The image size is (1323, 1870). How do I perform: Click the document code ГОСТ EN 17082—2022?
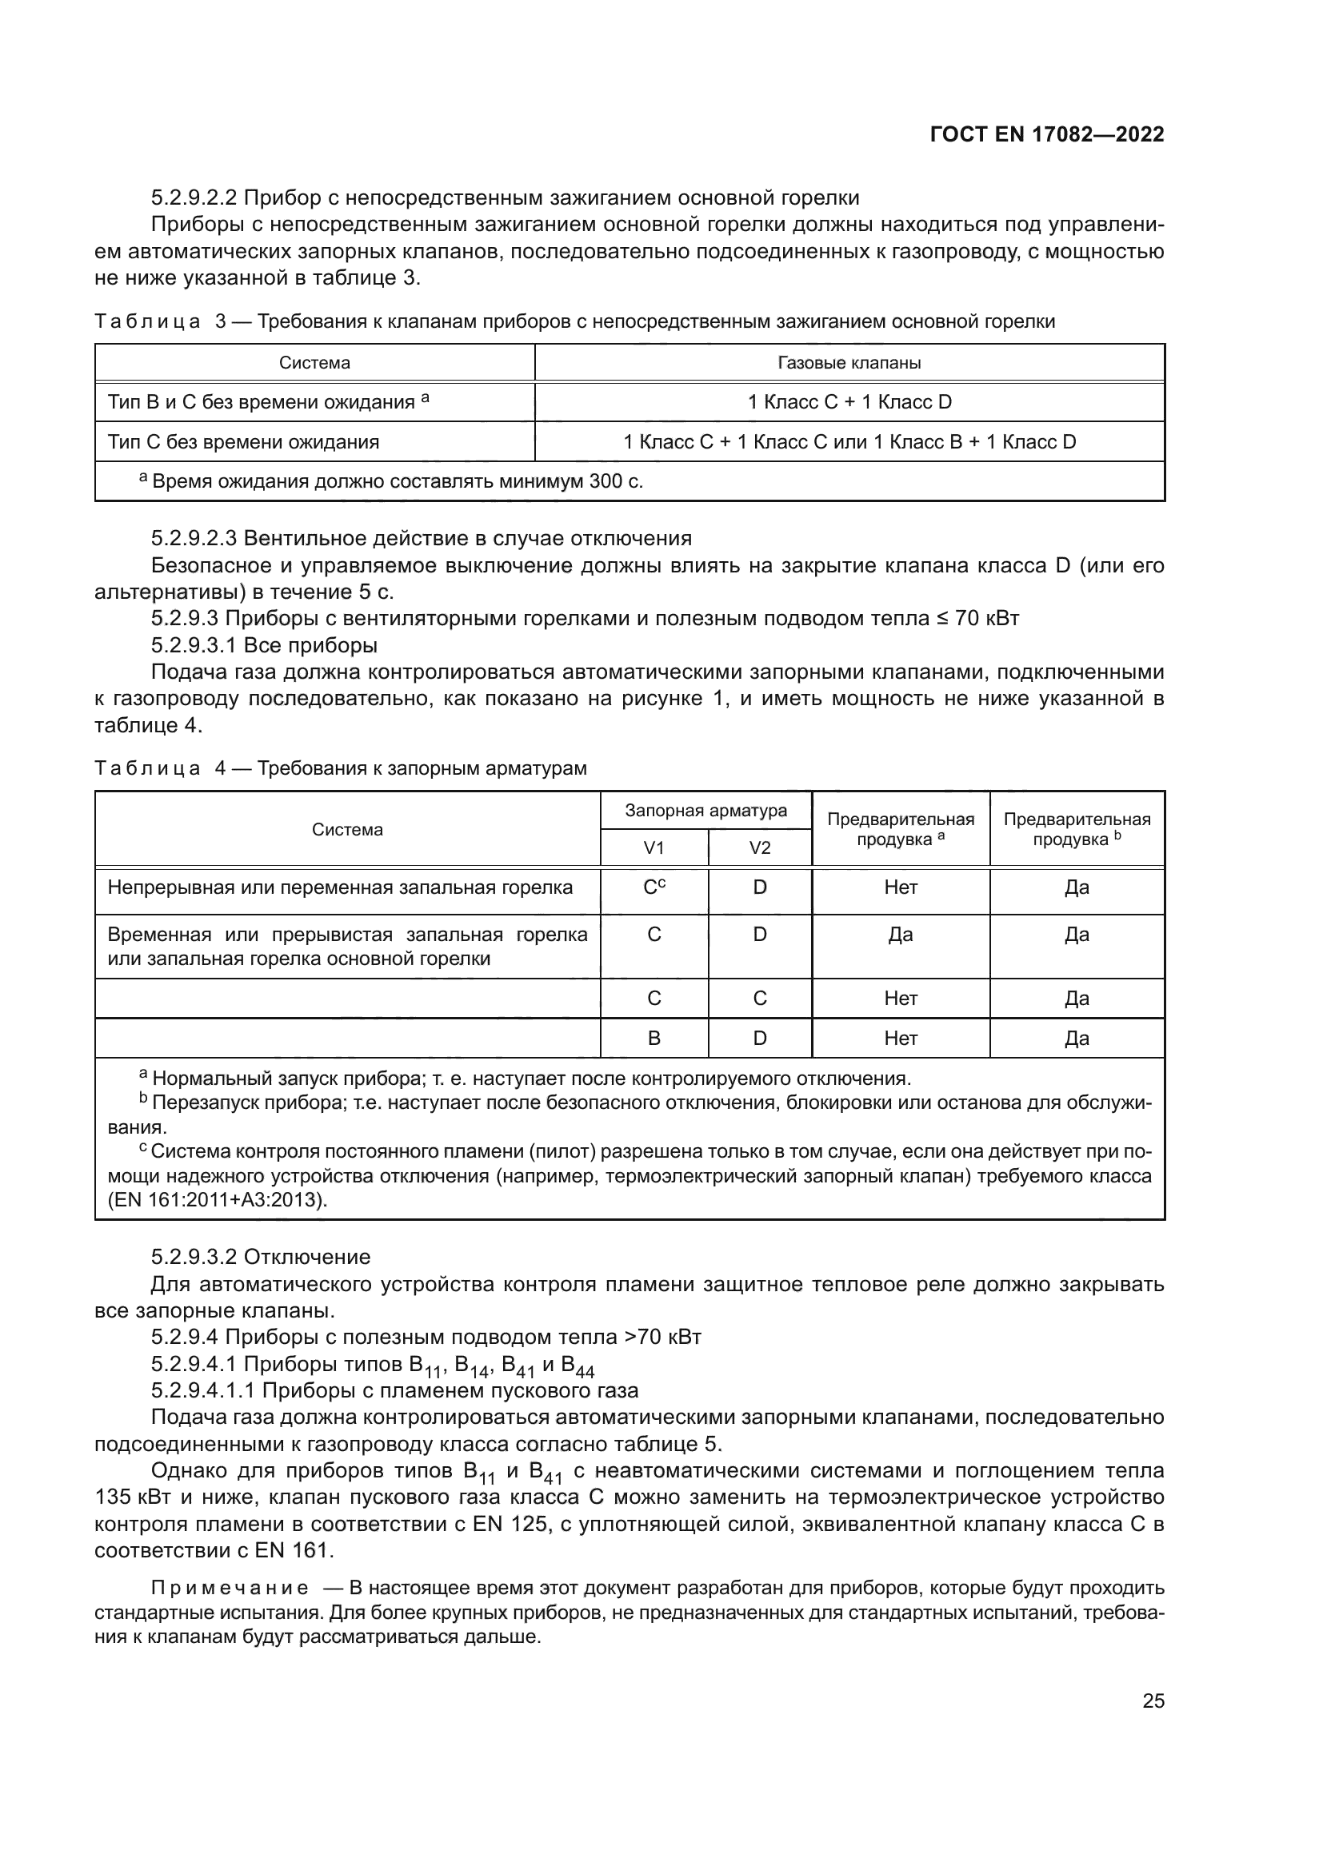click(1047, 134)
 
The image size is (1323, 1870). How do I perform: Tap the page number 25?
click(1153, 1701)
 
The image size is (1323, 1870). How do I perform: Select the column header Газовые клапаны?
click(849, 363)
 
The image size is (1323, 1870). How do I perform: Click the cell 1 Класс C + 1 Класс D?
click(849, 402)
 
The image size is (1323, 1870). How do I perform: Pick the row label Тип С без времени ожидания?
click(244, 442)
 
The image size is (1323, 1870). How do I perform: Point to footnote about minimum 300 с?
click(391, 481)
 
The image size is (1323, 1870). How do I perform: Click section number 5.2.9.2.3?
click(194, 538)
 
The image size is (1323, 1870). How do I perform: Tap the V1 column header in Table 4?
click(654, 847)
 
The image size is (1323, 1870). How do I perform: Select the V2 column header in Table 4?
click(759, 847)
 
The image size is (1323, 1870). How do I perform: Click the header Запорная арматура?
click(705, 811)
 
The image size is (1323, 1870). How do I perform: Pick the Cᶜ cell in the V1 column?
click(654, 887)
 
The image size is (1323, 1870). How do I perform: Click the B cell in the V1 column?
click(654, 1039)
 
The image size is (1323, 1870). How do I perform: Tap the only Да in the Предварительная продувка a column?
click(900, 935)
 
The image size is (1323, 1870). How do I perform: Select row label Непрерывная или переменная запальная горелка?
click(340, 887)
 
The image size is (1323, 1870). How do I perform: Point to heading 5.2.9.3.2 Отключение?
click(261, 1257)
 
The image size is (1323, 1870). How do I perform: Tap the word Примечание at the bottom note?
click(230, 1589)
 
